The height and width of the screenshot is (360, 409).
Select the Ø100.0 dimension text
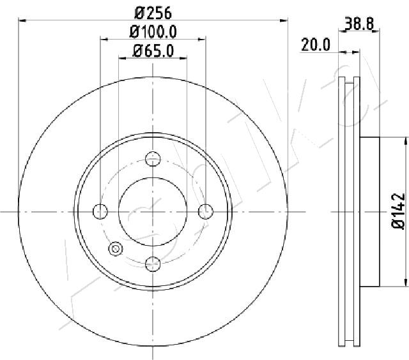click(x=153, y=31)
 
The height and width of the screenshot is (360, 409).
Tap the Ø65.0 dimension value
click(x=153, y=50)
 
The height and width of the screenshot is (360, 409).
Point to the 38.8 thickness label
click(x=359, y=24)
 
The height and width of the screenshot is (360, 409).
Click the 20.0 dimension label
click(x=315, y=44)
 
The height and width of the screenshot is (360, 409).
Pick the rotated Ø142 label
click(x=397, y=211)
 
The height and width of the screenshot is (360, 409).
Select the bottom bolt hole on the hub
click(x=153, y=262)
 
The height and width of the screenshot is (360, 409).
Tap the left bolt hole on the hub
click(x=101, y=211)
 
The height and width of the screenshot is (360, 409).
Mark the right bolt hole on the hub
click(x=204, y=211)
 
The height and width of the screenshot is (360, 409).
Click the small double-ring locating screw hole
click(x=116, y=249)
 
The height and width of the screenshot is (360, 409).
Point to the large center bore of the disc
click(x=153, y=211)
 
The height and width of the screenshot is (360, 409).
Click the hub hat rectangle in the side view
click(x=370, y=211)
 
